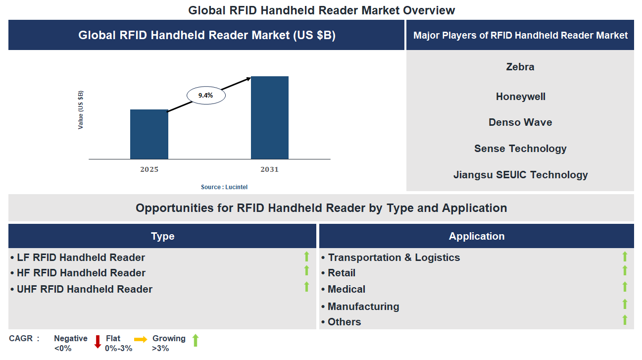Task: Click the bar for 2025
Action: point(149,134)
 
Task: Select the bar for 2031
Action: point(270,118)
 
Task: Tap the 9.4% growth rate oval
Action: point(206,96)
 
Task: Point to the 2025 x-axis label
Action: point(149,169)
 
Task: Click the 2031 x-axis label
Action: point(270,169)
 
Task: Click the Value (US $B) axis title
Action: point(81,110)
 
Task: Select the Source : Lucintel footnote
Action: point(224,187)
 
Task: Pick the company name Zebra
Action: point(520,67)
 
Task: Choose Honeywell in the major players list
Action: point(520,97)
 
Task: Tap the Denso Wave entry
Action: point(520,122)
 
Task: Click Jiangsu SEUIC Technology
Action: point(520,175)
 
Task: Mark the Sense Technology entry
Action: point(520,149)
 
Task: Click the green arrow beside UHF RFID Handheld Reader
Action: point(306,287)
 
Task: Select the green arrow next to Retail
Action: point(625,270)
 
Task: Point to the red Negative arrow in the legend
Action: point(98,342)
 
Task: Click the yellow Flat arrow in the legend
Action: point(141,339)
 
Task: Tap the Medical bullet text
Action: point(346,289)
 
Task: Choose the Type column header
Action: point(162,236)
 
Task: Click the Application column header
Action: point(477,236)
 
